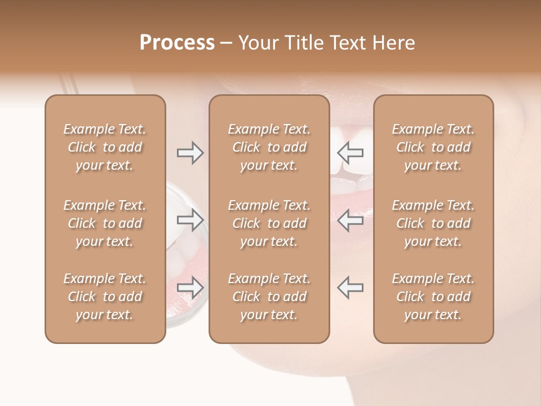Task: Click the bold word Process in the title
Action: tap(177, 43)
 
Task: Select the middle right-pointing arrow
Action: tap(190, 220)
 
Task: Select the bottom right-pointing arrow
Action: tap(190, 288)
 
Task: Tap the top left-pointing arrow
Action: tap(350, 152)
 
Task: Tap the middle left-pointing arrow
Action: tap(350, 220)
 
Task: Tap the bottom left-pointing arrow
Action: tap(350, 287)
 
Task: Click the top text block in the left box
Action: tap(105, 147)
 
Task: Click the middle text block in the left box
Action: tap(105, 223)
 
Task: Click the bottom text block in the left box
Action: tap(105, 297)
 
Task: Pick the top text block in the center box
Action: tap(269, 147)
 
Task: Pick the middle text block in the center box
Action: tap(269, 223)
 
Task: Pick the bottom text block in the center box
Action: tap(269, 297)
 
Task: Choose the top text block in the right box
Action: tap(433, 147)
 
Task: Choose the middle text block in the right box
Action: tap(433, 223)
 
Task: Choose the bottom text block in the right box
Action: tap(433, 297)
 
